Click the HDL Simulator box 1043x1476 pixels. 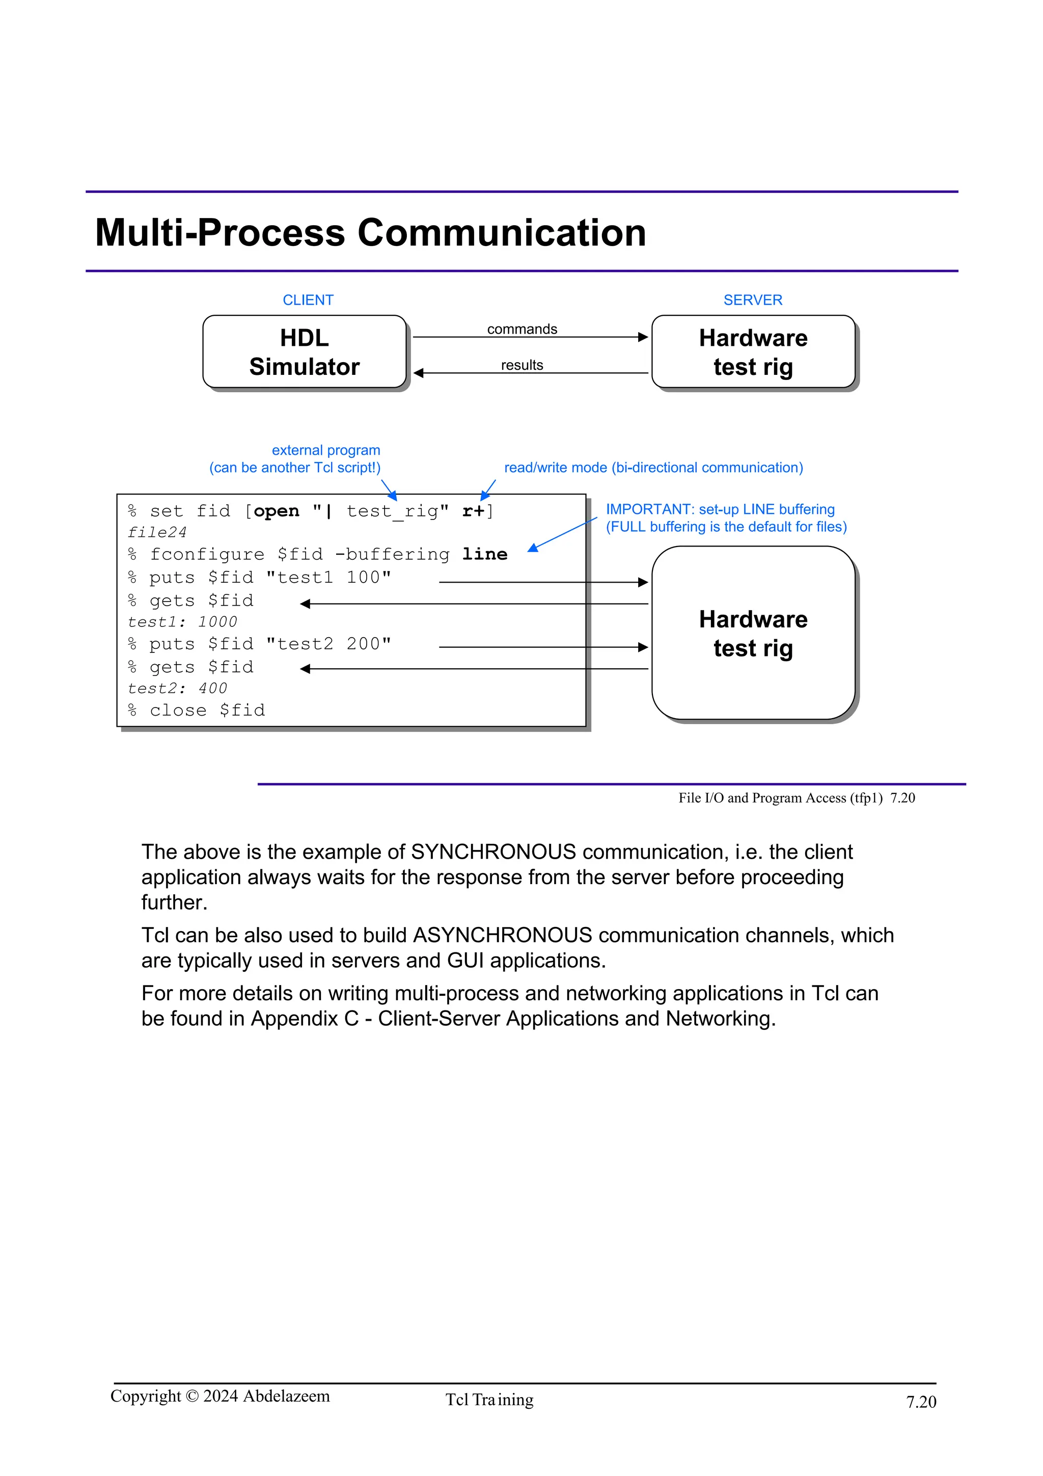click(304, 351)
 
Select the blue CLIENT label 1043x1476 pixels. click(308, 300)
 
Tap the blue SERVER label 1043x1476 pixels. click(753, 300)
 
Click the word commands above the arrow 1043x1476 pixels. click(522, 329)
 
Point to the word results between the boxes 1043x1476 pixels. click(522, 365)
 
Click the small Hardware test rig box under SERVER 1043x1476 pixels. click(753, 351)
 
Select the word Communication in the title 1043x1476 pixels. click(501, 233)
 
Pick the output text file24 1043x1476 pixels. click(157, 533)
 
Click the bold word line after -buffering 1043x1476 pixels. click(484, 555)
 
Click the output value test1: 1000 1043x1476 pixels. click(182, 622)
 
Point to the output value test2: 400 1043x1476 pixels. click(177, 689)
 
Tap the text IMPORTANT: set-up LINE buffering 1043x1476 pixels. click(720, 510)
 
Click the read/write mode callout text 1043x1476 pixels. click(653, 468)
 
